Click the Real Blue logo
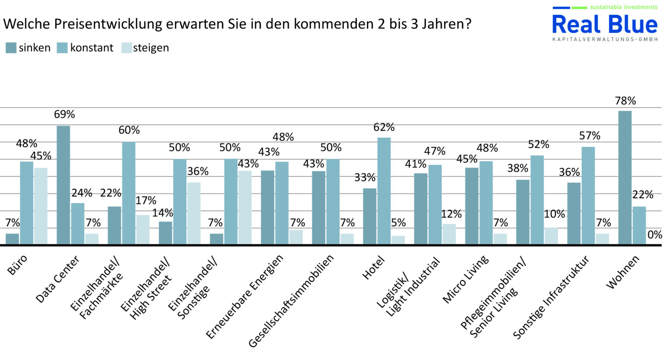(x=604, y=25)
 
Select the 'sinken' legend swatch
(x=11, y=48)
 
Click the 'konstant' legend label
(x=92, y=48)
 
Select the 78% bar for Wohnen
(x=625, y=177)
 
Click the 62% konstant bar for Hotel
(x=384, y=191)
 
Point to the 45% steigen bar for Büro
(x=41, y=206)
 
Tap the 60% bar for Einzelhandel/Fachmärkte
(x=129, y=193)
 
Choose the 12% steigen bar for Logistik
(x=449, y=234)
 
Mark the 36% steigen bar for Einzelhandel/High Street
(x=194, y=213)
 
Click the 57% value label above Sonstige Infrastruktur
(x=590, y=136)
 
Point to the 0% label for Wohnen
(x=655, y=234)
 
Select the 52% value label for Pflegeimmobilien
(x=539, y=144)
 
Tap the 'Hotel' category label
(x=373, y=268)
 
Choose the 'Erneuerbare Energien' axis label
(x=245, y=297)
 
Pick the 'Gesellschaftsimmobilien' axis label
(x=292, y=301)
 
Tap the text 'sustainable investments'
(x=624, y=7)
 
